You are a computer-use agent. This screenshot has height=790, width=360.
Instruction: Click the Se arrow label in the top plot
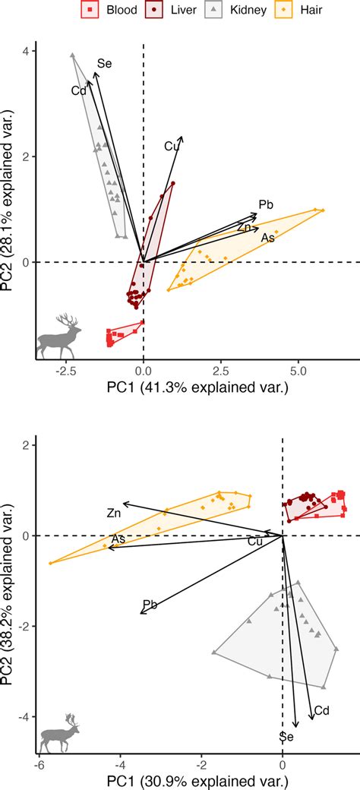point(104,65)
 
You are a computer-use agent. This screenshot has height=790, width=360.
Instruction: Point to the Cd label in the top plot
point(78,91)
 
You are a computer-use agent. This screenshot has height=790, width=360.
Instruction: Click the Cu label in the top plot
point(172,147)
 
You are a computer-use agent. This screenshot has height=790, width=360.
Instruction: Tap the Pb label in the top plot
point(266,204)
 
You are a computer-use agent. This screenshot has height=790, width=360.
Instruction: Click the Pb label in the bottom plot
point(150,605)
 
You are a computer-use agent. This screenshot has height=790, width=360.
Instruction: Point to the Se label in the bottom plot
point(286,736)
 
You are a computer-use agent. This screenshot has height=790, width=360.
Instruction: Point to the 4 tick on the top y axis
point(24,52)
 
